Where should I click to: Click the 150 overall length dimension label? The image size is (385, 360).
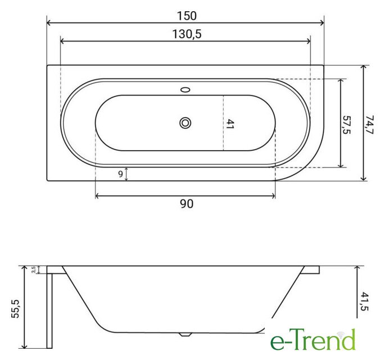(x=187, y=16)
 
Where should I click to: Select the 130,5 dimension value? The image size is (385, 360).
(x=187, y=34)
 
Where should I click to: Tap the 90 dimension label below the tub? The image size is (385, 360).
(x=187, y=204)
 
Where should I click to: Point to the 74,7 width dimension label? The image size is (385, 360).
(x=369, y=124)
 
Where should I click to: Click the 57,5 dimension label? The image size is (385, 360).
(x=346, y=125)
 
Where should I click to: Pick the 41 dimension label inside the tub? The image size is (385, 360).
(x=229, y=124)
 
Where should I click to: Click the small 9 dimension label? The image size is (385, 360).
(x=120, y=174)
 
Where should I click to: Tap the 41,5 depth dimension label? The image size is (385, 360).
(x=365, y=301)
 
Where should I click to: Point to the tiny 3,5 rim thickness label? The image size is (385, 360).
(x=33, y=269)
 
